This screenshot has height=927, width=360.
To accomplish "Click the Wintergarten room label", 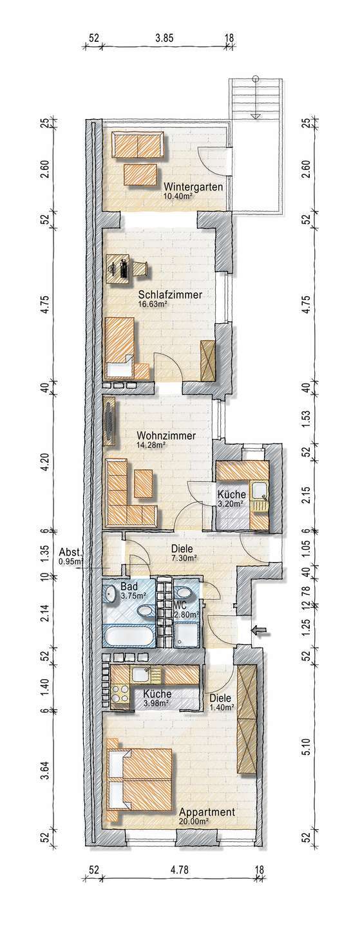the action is [193, 187].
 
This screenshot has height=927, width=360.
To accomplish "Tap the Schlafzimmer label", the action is [170, 295].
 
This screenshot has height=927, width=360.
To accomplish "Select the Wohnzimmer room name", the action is [166, 436].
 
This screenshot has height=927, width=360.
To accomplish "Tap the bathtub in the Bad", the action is [129, 635].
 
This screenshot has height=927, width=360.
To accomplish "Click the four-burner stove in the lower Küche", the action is [120, 694].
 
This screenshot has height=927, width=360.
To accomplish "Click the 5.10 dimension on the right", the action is [306, 746].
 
